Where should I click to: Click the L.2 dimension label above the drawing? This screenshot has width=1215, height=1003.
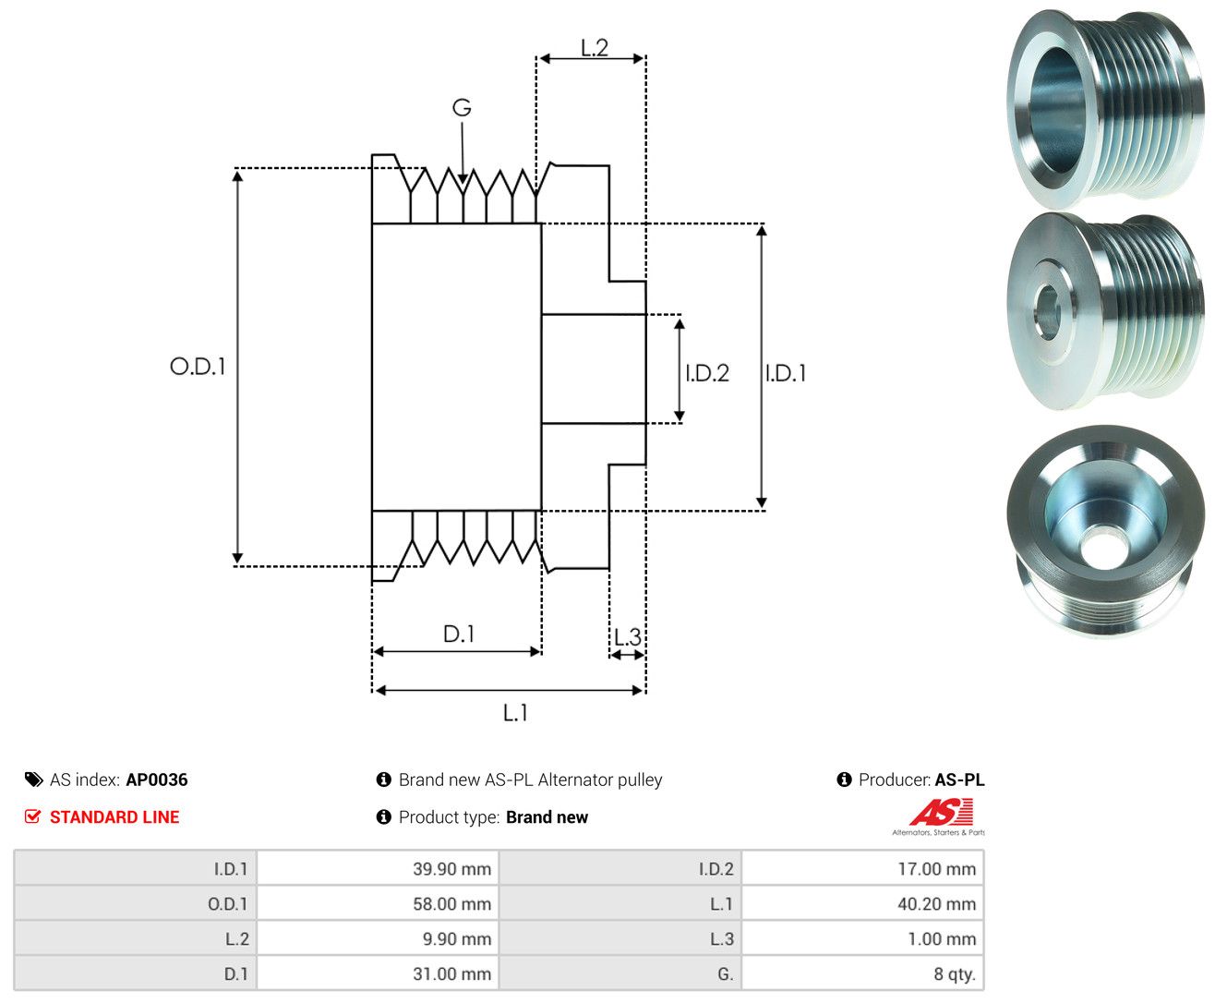click(595, 47)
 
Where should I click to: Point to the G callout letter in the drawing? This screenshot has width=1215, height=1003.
click(462, 107)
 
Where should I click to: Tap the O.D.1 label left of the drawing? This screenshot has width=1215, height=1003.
click(198, 366)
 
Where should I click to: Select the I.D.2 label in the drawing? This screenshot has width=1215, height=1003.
click(707, 373)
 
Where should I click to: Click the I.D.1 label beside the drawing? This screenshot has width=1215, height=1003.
click(786, 373)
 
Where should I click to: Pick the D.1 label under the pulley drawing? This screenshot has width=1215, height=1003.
click(459, 634)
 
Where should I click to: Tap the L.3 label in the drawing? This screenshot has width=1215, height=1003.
click(628, 637)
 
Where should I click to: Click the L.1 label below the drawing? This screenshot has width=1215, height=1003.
click(515, 712)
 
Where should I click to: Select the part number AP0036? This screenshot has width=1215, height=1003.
click(157, 779)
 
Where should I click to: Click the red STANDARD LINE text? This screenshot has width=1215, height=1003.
click(114, 816)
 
